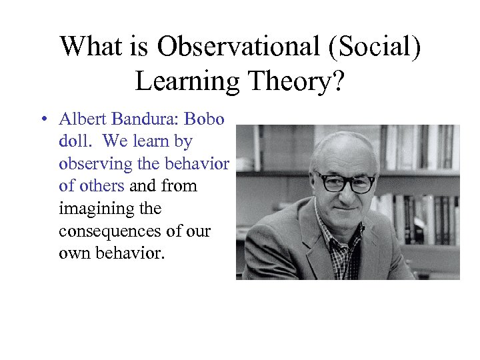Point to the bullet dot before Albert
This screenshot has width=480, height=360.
click(x=43, y=120)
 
